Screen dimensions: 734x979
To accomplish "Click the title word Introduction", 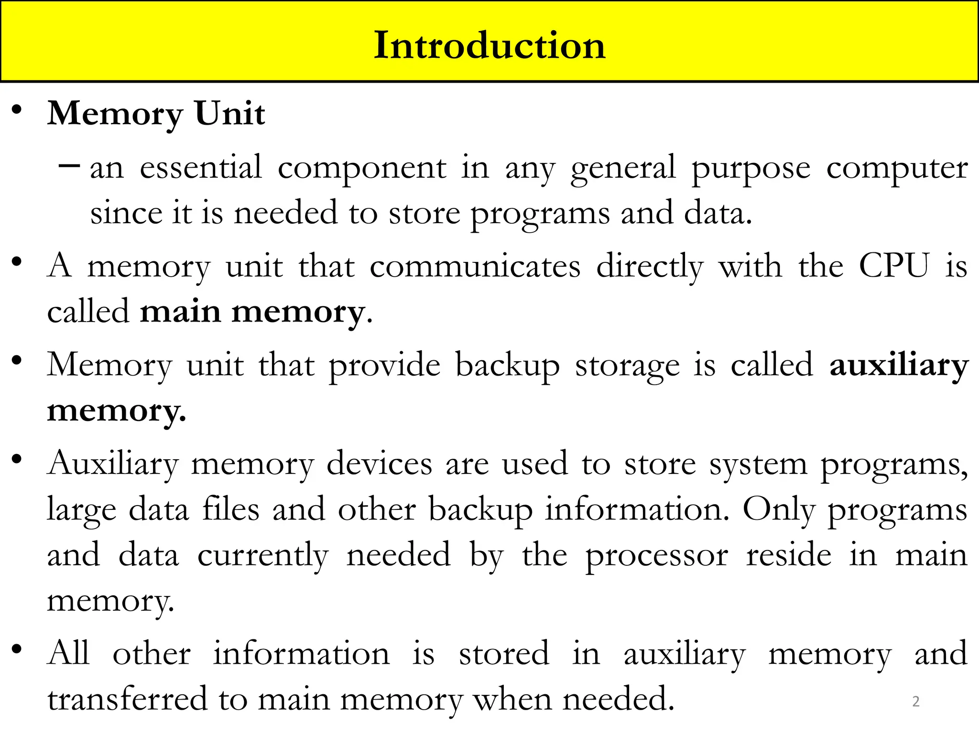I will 489,45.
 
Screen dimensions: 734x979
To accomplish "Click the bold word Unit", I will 230,114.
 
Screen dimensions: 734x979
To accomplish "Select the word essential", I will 201,168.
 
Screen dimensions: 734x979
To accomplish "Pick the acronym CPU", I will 894,266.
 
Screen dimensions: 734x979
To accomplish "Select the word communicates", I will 475,267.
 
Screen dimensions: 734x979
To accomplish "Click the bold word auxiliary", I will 899,366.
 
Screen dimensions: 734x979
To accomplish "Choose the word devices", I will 380,464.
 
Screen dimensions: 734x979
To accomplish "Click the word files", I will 231,509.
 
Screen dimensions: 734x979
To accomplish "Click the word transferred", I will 128,699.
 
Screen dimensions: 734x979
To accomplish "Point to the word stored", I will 504,654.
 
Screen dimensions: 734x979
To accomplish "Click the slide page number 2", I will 916,702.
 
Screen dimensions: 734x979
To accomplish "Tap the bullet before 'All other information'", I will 17,649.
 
